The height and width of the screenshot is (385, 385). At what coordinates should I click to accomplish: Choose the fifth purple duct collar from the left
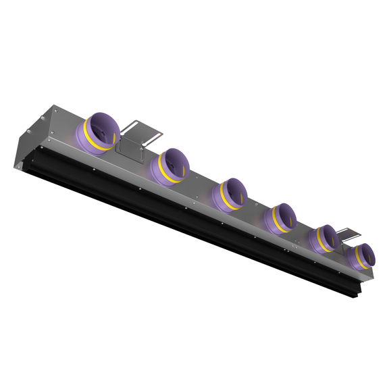[x=323, y=238]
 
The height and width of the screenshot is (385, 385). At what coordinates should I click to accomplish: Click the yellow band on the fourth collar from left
[x=273, y=224]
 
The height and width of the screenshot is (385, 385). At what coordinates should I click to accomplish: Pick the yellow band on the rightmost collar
[x=356, y=262]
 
